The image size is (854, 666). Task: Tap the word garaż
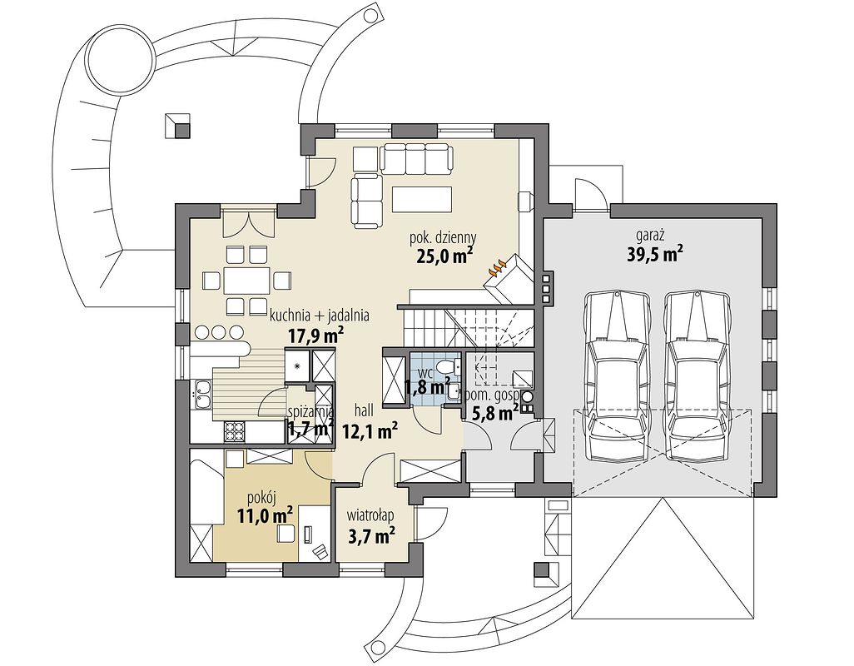tap(648, 236)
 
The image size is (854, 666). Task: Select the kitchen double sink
tap(202, 395)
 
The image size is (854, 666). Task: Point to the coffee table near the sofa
tap(421, 199)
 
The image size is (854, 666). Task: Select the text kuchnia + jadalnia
tap(320, 316)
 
